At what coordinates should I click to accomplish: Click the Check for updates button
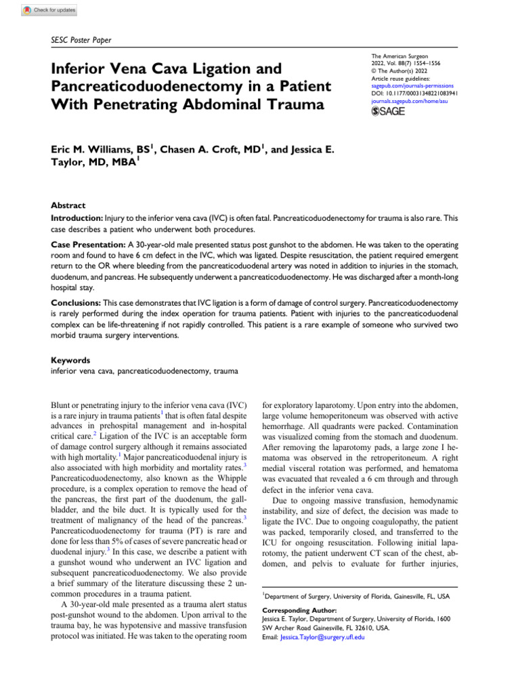(x=49, y=11)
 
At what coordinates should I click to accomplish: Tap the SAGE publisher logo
(x=389, y=111)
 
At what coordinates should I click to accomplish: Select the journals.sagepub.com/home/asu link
(x=410, y=100)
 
